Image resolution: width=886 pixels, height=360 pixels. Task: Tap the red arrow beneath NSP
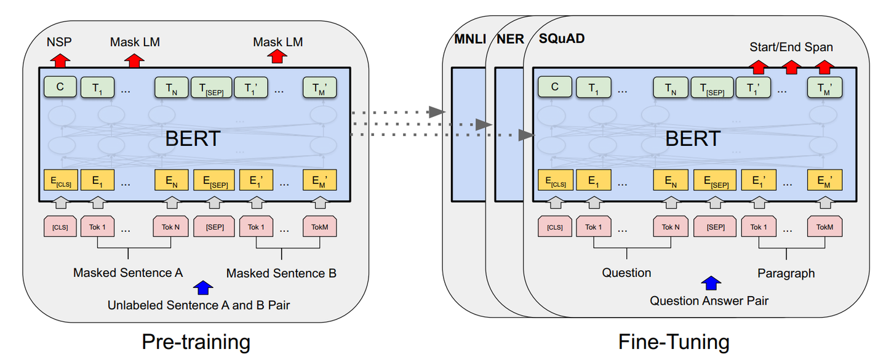point(60,60)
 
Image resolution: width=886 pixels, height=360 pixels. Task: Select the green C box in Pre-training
point(60,87)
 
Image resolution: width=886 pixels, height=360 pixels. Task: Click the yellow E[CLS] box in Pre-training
point(60,181)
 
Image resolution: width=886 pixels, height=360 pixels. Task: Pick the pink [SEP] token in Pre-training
point(214,226)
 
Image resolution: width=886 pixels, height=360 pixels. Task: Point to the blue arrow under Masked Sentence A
point(202,287)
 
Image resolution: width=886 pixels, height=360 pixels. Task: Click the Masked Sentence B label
point(281,273)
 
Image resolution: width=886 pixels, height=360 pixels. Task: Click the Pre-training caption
point(196,342)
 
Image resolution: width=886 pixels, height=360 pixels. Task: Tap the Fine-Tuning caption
point(674,342)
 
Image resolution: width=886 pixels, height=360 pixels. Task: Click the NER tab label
point(510,39)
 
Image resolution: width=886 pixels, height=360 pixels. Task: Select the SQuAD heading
point(562,39)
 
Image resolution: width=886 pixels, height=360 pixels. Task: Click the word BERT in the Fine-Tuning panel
point(692,138)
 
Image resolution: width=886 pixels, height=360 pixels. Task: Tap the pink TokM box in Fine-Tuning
point(824,226)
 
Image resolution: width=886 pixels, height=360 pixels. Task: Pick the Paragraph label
point(786,273)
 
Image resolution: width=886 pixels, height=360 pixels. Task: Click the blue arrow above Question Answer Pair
point(711,284)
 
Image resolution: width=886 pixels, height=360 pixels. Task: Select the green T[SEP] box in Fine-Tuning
point(712,87)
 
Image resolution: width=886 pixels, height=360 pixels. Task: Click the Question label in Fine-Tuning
point(626,273)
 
